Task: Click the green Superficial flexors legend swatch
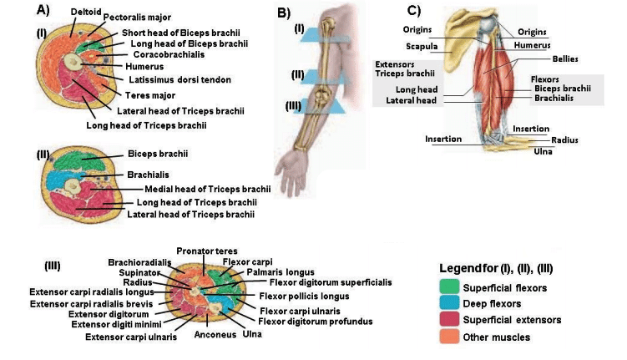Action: click(x=450, y=288)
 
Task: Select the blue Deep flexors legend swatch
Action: click(x=450, y=304)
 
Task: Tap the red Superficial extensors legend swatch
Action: click(x=450, y=320)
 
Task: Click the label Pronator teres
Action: click(x=207, y=251)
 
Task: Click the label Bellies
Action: click(x=564, y=59)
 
